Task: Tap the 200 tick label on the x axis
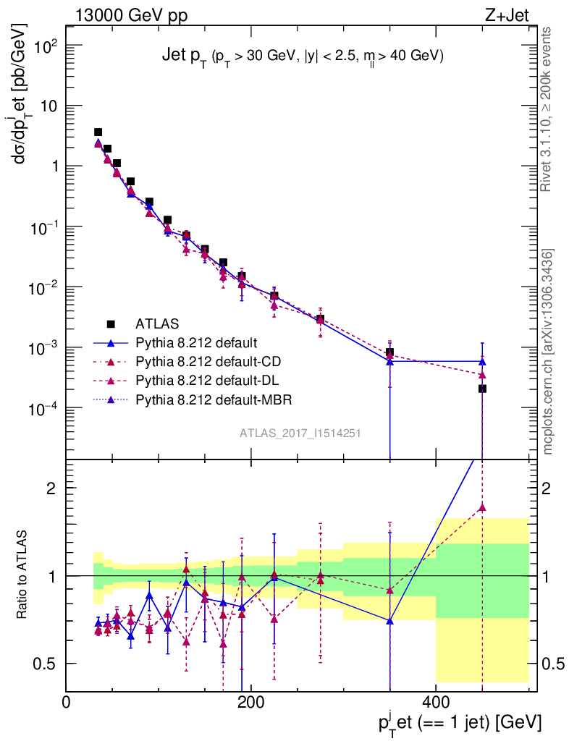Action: (x=250, y=702)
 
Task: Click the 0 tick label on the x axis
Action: (x=67, y=702)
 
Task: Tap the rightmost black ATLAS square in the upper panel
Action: (x=482, y=389)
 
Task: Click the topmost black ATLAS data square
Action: (x=98, y=132)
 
